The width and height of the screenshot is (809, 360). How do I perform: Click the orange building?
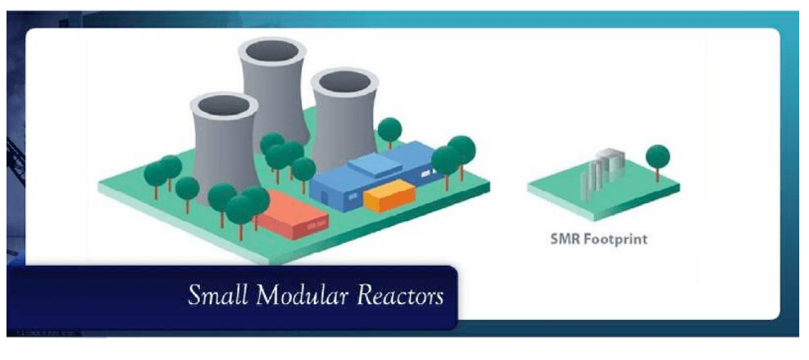[x=389, y=196]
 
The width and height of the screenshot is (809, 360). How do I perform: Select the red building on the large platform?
[x=293, y=215]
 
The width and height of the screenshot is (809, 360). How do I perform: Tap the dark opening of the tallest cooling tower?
[x=272, y=50]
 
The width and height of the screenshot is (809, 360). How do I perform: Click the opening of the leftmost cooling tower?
[x=224, y=105]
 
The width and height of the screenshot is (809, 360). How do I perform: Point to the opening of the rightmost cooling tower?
[x=345, y=81]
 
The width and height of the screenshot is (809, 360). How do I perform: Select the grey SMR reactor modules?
[x=602, y=173]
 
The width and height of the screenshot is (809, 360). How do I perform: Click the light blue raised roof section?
[x=373, y=166]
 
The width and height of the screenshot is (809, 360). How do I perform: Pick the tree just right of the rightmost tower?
[x=389, y=132]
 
